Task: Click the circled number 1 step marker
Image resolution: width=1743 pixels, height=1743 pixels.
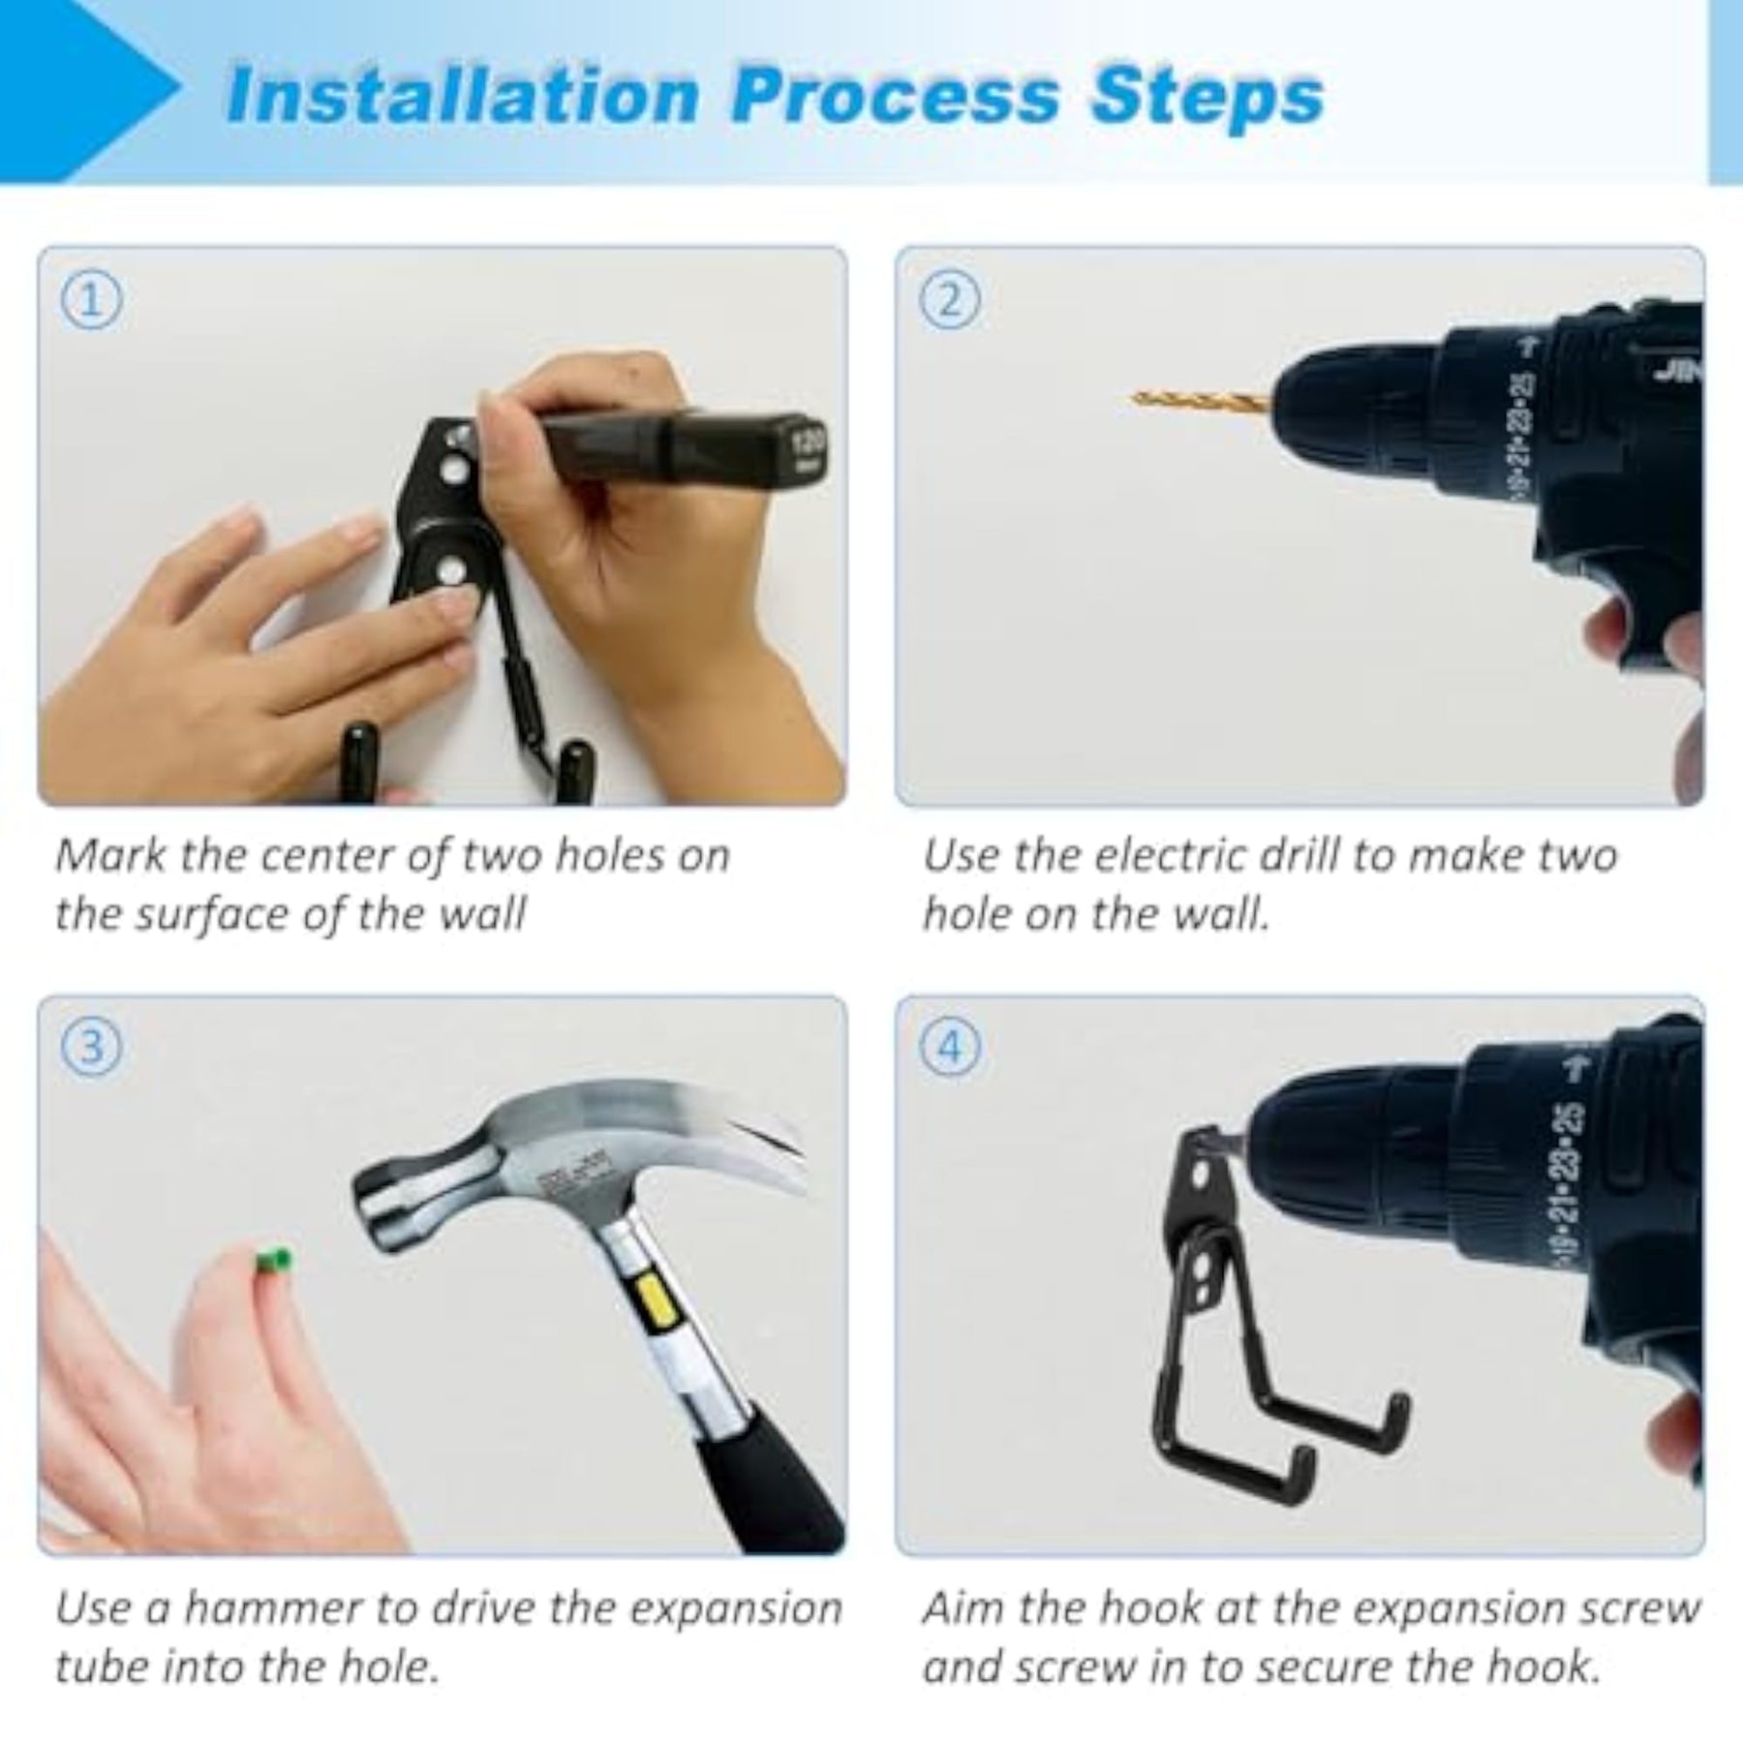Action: (x=92, y=301)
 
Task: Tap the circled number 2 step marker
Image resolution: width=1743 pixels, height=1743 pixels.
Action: (x=950, y=301)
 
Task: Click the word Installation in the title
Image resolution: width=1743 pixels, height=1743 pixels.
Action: (x=463, y=96)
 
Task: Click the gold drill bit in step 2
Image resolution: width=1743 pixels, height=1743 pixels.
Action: (x=1200, y=397)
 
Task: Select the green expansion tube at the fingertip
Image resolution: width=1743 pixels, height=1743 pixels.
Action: (x=274, y=1260)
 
